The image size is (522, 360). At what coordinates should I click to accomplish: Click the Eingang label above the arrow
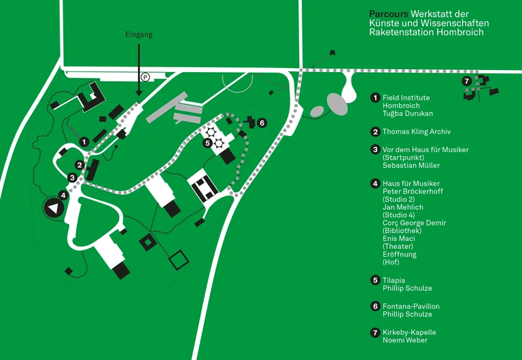click(x=139, y=34)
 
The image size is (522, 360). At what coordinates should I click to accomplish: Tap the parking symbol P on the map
click(x=145, y=77)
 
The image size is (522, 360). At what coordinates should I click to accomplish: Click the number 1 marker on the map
click(x=83, y=141)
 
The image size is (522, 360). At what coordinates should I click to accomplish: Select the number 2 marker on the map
click(x=80, y=165)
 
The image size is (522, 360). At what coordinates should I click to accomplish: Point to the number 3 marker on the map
click(x=71, y=178)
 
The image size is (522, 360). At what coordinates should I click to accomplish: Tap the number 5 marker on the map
click(x=207, y=143)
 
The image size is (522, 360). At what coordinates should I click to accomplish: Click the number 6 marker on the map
click(x=262, y=122)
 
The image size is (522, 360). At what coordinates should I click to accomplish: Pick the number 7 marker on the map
click(x=466, y=81)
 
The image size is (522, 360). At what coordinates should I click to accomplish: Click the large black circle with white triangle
click(x=52, y=209)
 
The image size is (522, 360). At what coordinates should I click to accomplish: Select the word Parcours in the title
click(x=389, y=14)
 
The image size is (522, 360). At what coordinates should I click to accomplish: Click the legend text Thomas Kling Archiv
click(x=417, y=132)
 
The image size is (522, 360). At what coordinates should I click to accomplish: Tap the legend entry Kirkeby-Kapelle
click(x=409, y=332)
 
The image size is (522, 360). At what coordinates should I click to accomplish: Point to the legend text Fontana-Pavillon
click(x=411, y=306)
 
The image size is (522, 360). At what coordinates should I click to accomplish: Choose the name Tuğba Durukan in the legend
click(x=408, y=113)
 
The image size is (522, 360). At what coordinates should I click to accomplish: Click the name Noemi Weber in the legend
click(x=405, y=340)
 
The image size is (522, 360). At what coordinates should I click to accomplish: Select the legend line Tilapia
click(x=394, y=280)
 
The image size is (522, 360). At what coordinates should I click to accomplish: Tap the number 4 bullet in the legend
click(x=375, y=183)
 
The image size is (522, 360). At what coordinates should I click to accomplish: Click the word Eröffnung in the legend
click(x=400, y=254)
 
